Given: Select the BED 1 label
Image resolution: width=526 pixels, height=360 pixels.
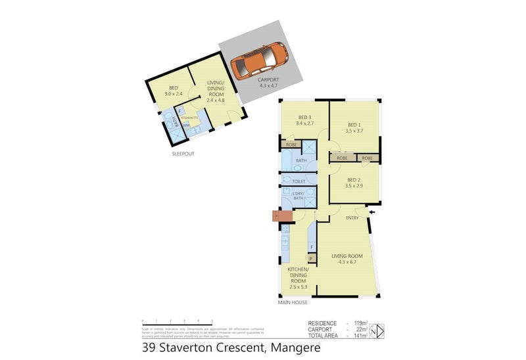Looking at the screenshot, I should click(354, 127).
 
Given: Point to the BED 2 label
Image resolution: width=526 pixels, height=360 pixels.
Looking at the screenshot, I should click(354, 183).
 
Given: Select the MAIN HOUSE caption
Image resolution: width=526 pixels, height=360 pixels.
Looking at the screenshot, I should click(293, 302).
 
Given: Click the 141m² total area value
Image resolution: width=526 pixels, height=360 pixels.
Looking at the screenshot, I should click(359, 335).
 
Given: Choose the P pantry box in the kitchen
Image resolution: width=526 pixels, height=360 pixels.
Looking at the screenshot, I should click(310, 259).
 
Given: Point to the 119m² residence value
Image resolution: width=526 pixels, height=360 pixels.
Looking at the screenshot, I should click(359, 323).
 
